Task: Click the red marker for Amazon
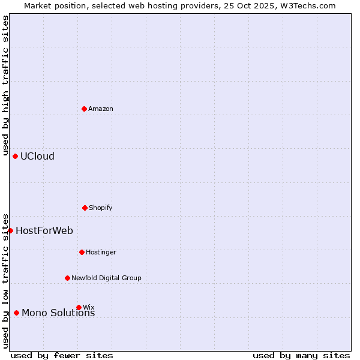85,109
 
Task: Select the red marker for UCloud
16,156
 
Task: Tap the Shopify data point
85,208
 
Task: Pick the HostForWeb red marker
10,230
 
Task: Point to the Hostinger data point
82,252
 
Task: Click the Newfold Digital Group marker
67,278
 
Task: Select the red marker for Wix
79,307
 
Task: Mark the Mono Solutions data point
16,313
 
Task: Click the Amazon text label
101,109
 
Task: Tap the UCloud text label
37,156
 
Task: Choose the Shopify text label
101,208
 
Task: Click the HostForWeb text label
44,230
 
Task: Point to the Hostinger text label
101,252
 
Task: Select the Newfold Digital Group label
106,278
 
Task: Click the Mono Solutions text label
58,313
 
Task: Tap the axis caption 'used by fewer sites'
62,355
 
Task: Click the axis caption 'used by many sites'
301,355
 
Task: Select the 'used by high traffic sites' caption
5,86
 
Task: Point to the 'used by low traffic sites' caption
5,281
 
